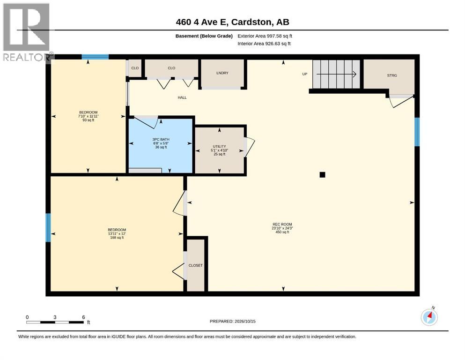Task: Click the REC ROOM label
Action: (x=282, y=225)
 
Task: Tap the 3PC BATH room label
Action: (x=161, y=139)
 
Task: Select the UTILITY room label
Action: (x=220, y=146)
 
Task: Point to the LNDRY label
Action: (x=222, y=73)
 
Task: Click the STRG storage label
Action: (x=392, y=75)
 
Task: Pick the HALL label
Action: (x=182, y=97)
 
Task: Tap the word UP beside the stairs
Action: (x=304, y=74)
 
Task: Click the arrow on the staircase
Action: (x=336, y=74)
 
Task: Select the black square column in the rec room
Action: (x=322, y=175)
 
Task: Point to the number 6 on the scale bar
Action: (x=83, y=317)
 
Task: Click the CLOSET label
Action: (x=195, y=265)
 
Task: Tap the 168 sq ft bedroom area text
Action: (x=117, y=238)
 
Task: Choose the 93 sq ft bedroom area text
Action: (x=89, y=120)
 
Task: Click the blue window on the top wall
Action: (x=95, y=57)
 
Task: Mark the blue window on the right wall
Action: (x=417, y=132)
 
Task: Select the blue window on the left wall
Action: (x=48, y=228)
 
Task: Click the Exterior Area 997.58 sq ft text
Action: (x=265, y=36)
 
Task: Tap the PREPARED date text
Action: (x=232, y=321)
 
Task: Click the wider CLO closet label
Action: (x=171, y=68)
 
